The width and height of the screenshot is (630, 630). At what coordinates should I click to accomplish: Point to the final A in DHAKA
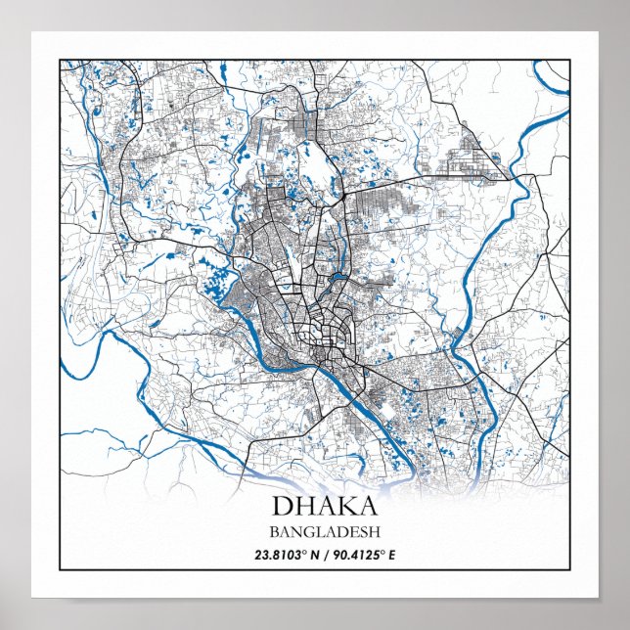[366, 508]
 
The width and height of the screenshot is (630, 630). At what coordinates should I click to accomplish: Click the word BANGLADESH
[314, 533]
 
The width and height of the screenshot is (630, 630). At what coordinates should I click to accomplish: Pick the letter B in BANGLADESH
[270, 533]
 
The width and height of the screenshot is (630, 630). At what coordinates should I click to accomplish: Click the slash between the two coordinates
[307, 555]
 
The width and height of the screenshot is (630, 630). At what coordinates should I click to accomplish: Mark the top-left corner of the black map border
[60, 60]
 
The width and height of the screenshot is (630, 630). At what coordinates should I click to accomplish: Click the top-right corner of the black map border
[569, 60]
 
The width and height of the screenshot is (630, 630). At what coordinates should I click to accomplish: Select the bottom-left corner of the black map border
[60, 569]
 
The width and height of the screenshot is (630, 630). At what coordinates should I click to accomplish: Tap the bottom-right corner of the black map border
[569, 569]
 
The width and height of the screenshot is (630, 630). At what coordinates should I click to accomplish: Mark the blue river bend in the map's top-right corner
[553, 83]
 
